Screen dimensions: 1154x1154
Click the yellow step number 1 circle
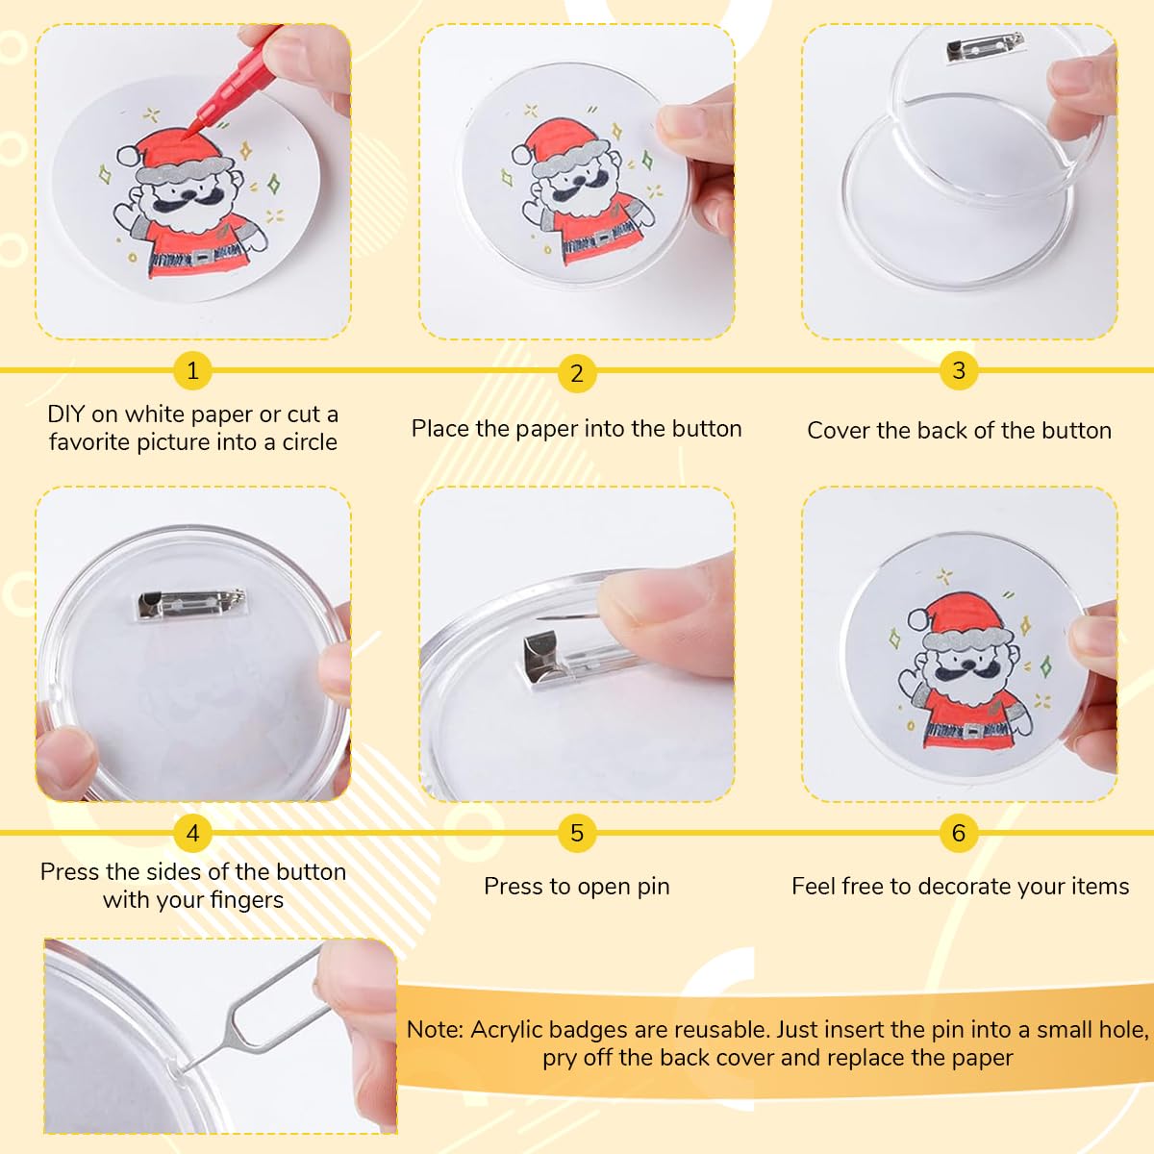tap(192, 370)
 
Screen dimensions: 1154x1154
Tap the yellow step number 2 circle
tap(576, 373)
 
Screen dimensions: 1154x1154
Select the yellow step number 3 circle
tap(959, 370)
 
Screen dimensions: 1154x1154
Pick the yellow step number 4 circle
tap(192, 833)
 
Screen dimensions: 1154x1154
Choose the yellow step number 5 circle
tap(576, 833)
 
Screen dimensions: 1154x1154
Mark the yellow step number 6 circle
tap(959, 833)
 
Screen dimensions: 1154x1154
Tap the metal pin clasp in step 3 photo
tap(970, 51)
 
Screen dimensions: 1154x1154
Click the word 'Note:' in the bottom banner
tap(435, 1029)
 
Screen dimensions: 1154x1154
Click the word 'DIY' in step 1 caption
tap(66, 414)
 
